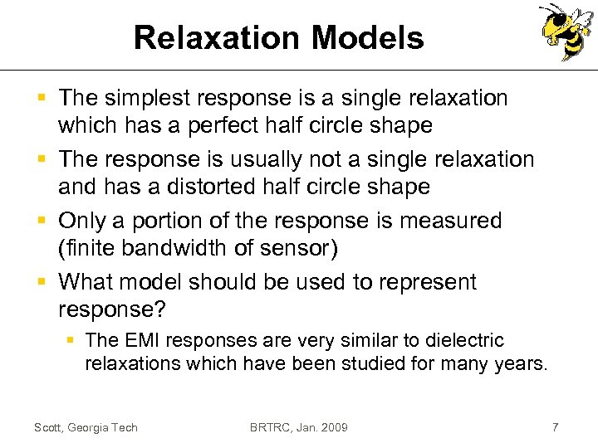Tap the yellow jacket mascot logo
pos(567,32)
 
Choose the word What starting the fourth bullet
pos(86,282)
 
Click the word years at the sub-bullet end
pos(520,363)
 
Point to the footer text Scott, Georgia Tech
pos(86,427)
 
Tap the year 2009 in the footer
pos(333,427)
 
